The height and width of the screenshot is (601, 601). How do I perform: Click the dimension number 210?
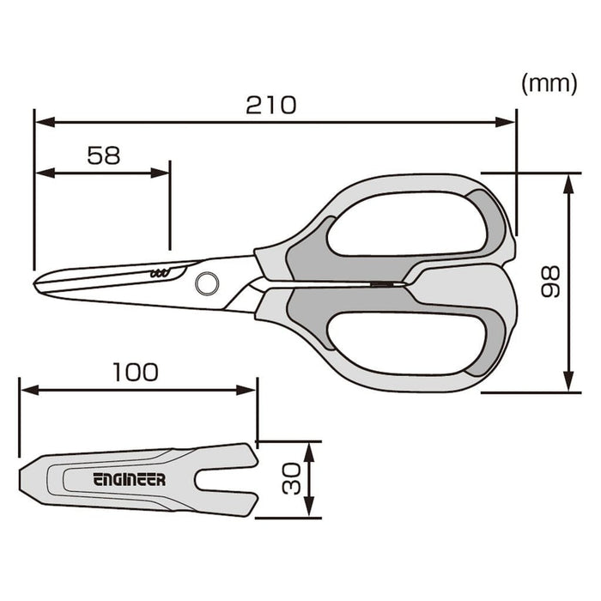[x=270, y=105]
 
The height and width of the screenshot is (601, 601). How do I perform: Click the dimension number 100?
[x=136, y=372]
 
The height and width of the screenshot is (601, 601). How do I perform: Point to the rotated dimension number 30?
[x=293, y=480]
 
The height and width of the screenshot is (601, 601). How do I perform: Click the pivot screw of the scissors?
[x=206, y=282]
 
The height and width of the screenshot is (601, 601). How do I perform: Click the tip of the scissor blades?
[x=36, y=282]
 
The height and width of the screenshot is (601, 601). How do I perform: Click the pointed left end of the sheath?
[x=22, y=480]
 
